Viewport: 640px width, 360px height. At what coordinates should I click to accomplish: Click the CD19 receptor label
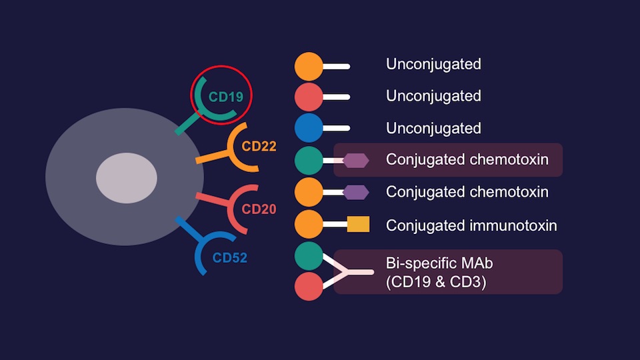225,97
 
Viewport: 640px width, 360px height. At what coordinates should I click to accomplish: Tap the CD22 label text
259,146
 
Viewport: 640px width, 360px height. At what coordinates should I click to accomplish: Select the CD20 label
259,209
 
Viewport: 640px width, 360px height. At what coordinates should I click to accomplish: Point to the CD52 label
229,257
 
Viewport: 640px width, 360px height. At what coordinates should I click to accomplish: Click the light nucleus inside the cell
127,178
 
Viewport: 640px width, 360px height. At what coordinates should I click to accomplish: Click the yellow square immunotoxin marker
358,225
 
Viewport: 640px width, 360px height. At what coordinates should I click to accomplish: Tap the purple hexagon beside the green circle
356,160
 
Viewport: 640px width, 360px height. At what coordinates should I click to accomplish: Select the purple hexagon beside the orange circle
356,192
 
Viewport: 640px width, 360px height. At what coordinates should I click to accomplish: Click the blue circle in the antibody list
309,128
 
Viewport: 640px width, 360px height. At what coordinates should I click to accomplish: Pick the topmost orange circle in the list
309,67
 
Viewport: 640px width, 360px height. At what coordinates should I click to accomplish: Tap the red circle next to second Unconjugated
309,97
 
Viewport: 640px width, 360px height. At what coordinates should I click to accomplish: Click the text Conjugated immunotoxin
471,225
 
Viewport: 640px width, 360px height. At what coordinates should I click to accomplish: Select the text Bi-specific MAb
439,263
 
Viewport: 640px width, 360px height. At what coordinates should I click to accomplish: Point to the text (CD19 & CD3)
436,282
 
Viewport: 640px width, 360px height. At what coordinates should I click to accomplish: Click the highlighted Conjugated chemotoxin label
467,160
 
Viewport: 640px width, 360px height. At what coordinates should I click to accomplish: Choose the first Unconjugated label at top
433,65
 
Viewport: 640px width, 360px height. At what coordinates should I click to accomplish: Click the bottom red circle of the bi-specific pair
309,286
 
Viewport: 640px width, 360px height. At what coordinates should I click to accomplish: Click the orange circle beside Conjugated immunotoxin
309,225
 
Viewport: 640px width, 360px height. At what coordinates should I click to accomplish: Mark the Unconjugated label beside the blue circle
433,128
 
